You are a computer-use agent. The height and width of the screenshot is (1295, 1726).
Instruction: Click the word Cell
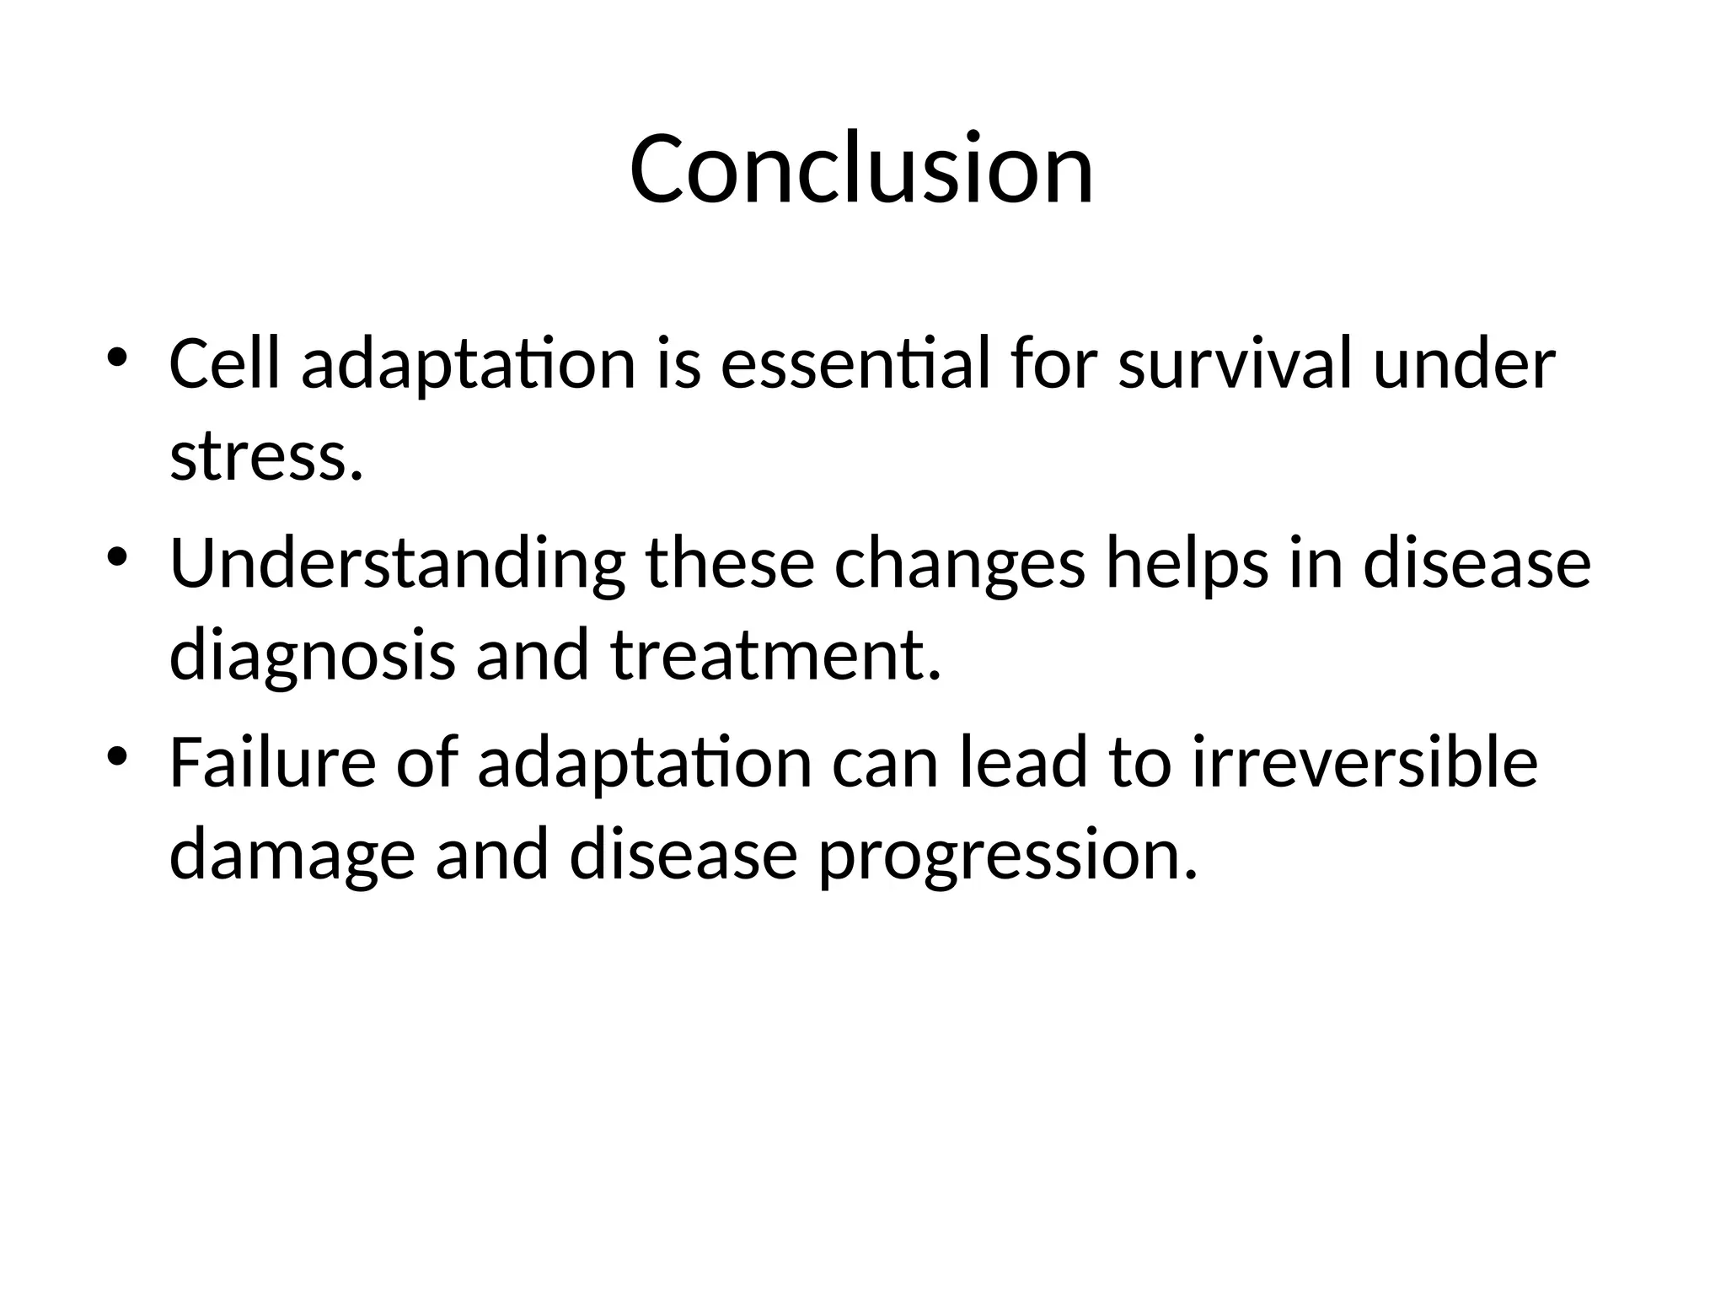224,363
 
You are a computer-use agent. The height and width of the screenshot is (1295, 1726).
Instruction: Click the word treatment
775,655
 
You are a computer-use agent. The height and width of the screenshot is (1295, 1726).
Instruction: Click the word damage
292,856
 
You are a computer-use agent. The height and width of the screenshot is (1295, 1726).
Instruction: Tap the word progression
1007,856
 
